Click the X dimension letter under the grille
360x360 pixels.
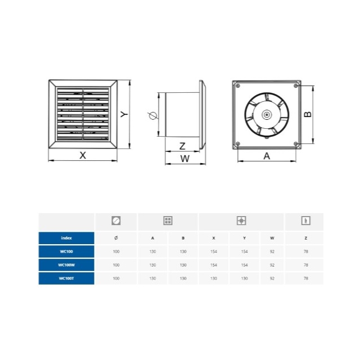pos(83,155)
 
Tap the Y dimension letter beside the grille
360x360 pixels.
pos(124,114)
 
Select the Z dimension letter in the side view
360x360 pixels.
pos(182,146)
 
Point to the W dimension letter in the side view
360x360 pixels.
pos(185,159)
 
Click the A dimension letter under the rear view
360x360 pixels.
pos(267,156)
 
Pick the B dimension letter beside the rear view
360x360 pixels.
pos(308,114)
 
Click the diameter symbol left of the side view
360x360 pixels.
pos(152,116)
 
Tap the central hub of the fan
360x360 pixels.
pos(267,115)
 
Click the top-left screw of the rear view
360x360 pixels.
pos(238,86)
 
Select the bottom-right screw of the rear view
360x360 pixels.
pos(296,144)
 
